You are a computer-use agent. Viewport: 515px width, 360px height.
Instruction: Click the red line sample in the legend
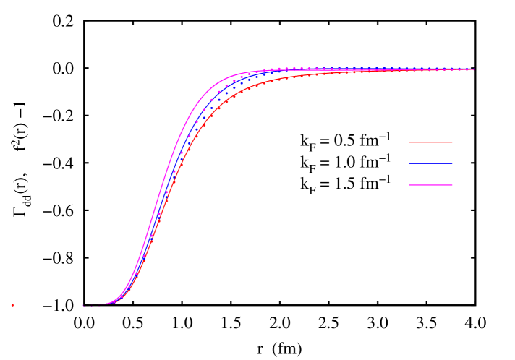430,142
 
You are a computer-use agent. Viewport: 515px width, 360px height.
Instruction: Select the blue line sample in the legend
430,163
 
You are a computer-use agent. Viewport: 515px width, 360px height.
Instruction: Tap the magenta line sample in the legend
430,186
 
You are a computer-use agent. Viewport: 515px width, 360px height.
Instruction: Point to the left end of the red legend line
409,142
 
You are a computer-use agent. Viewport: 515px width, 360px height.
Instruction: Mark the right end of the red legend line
452,142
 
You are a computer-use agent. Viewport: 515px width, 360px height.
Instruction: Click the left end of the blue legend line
409,163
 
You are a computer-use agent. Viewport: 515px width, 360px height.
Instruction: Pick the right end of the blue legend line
452,163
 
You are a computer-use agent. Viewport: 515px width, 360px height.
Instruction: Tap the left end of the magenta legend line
409,186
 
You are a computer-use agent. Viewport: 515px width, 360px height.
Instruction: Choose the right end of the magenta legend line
452,186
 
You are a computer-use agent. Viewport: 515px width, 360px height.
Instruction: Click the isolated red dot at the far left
12,305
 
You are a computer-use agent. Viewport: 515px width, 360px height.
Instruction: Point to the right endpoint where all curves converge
474,69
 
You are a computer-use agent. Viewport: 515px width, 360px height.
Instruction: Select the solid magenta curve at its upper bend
217,80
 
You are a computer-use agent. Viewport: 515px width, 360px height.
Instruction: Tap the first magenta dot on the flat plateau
271,69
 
